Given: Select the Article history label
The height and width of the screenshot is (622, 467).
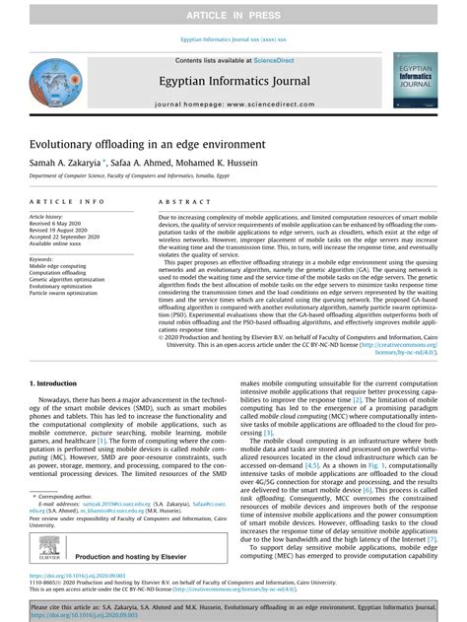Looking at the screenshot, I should (x=47, y=214).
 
